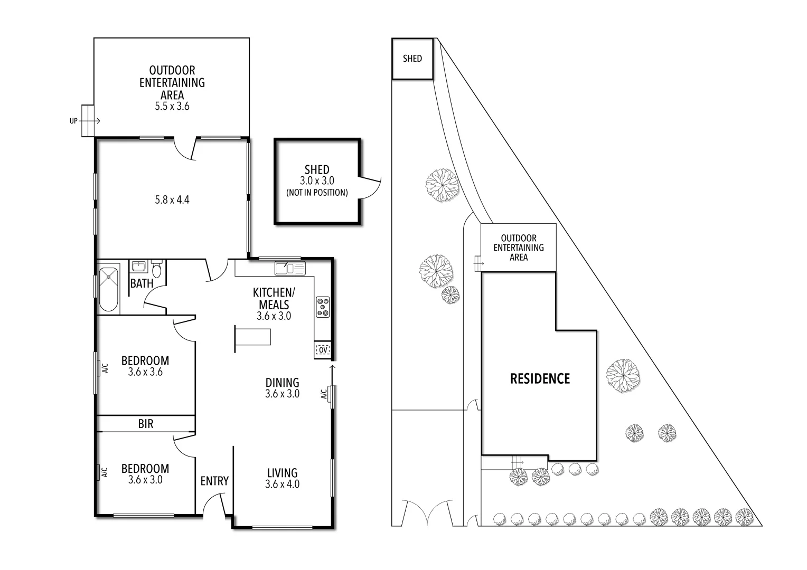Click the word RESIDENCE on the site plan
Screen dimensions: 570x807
click(540, 378)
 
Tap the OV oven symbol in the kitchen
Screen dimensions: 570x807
click(322, 349)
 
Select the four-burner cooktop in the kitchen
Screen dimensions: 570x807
click(323, 307)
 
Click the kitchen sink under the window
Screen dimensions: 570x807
click(290, 269)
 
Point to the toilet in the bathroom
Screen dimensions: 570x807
click(156, 270)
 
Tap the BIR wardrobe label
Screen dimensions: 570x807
click(146, 424)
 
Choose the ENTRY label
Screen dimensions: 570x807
click(214, 481)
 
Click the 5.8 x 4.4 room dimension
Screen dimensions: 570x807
click(172, 200)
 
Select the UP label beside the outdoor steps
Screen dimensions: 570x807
click(73, 121)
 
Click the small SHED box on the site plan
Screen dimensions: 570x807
click(412, 59)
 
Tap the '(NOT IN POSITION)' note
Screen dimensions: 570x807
click(317, 193)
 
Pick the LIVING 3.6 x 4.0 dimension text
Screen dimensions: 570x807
click(282, 484)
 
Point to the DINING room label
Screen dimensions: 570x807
click(282, 383)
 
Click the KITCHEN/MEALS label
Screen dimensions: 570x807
click(274, 298)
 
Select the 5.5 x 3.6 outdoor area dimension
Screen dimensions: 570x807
click(172, 106)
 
